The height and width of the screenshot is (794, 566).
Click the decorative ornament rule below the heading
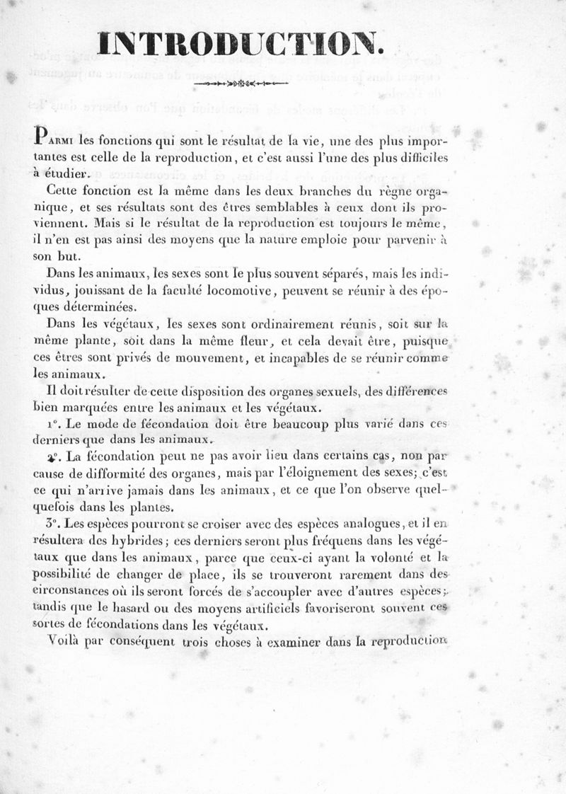tap(241, 84)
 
